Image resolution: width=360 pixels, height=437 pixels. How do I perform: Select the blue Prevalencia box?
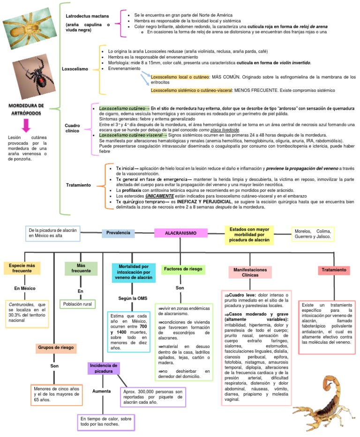click(x=119, y=233)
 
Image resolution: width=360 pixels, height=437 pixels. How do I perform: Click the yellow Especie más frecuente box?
click(x=22, y=268)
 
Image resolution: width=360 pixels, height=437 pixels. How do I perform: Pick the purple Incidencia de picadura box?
click(x=103, y=368)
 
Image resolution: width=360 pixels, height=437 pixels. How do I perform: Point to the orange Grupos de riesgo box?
click(x=56, y=348)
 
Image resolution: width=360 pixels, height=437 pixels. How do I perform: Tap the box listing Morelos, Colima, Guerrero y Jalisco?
click(x=313, y=234)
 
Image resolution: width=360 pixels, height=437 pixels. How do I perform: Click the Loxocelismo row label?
click(x=75, y=69)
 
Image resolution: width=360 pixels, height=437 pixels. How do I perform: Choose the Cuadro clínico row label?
click(x=73, y=128)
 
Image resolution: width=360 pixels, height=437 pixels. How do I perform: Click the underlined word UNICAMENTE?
click(x=157, y=196)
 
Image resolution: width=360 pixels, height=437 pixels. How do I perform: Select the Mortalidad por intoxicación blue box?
click(x=133, y=271)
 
